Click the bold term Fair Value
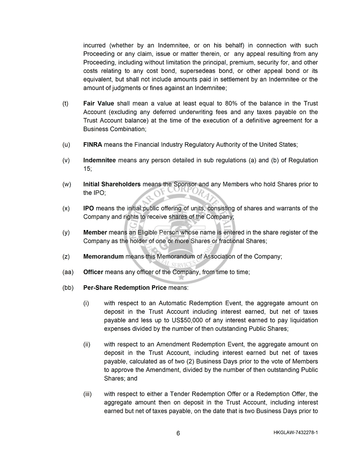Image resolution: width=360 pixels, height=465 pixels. pyautogui.click(x=99, y=104)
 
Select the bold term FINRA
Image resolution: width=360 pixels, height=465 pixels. pyautogui.click(x=93, y=144)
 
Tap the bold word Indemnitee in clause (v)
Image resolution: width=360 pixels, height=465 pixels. pyautogui.click(x=99, y=160)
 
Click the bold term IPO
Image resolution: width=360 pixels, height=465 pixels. pyautogui.click(x=88, y=208)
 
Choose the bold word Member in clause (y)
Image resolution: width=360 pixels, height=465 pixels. pyautogui.click(x=95, y=233)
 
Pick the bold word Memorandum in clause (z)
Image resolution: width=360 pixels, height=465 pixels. pyautogui.click(x=103, y=257)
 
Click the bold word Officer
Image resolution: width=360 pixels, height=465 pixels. pyautogui.click(x=93, y=272)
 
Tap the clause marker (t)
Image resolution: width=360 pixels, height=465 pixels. pyautogui.click(x=66, y=104)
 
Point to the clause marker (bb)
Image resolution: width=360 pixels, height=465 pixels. pyautogui.click(x=67, y=287)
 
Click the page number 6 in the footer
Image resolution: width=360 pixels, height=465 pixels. pyautogui.click(x=178, y=433)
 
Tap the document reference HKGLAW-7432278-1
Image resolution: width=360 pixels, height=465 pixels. pyautogui.click(x=295, y=433)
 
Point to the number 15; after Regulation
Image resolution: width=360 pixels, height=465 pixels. pyautogui.click(x=87, y=169)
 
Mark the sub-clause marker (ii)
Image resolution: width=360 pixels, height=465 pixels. pyautogui.click(x=87, y=344)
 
